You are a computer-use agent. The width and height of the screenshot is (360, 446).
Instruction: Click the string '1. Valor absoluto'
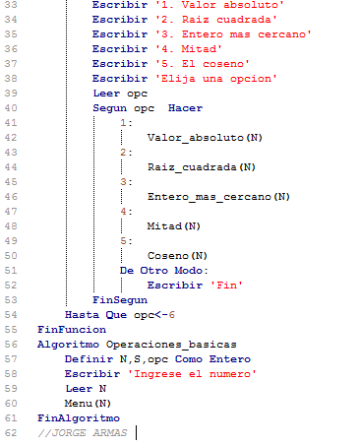tap(202, 5)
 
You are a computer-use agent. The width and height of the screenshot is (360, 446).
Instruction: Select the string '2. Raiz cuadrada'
tap(198, 20)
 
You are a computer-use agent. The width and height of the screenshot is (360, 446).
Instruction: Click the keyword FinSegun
tap(119, 298)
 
